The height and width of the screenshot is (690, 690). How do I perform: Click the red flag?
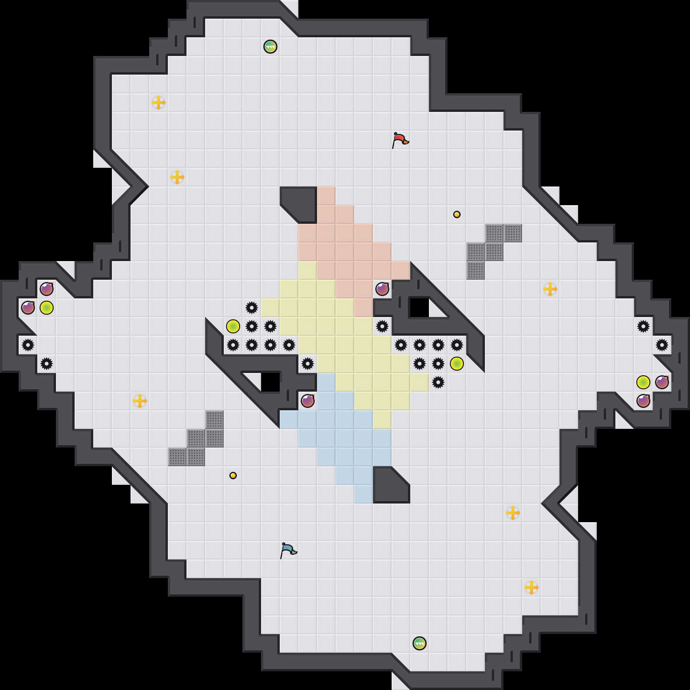pos(400,140)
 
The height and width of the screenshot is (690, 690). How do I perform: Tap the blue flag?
pos(288,550)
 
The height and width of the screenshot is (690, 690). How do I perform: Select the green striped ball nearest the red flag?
pos(270,47)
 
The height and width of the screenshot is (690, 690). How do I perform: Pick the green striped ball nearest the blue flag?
pos(420,643)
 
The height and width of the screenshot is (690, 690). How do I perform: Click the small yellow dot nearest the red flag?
pos(457,214)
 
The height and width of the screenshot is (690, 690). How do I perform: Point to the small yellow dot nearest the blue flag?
pos(233,476)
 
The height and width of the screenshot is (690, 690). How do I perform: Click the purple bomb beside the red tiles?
pos(382,289)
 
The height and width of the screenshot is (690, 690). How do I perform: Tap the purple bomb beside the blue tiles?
pos(308,401)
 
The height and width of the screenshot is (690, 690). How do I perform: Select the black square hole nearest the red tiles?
pos(419,308)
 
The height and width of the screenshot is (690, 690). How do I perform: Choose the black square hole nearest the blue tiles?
pos(270,382)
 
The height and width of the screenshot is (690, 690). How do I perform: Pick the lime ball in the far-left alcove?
pos(47,308)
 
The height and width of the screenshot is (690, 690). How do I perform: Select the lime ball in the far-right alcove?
pos(643,382)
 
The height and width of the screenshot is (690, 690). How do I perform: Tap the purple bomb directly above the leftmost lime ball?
pos(47,289)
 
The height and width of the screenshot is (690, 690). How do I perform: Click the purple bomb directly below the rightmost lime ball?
pos(643,401)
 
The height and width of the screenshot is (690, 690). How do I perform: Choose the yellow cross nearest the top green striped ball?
pos(159,103)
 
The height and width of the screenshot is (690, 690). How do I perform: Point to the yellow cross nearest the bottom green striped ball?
pos(531,587)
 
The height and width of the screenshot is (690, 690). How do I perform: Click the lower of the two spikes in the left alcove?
pos(47,364)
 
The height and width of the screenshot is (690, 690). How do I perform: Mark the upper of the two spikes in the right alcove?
pos(643,326)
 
